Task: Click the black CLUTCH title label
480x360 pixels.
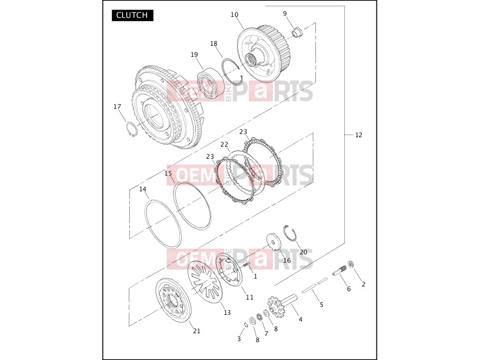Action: click(x=132, y=15)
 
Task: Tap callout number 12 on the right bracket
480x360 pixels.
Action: click(x=359, y=135)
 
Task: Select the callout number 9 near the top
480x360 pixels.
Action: click(x=285, y=14)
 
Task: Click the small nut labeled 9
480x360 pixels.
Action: click(x=298, y=32)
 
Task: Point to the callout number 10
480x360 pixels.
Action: click(x=234, y=15)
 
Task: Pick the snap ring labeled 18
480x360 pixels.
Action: click(x=233, y=71)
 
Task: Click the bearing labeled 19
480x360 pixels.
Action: click(x=210, y=83)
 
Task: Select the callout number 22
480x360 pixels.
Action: click(x=224, y=144)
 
